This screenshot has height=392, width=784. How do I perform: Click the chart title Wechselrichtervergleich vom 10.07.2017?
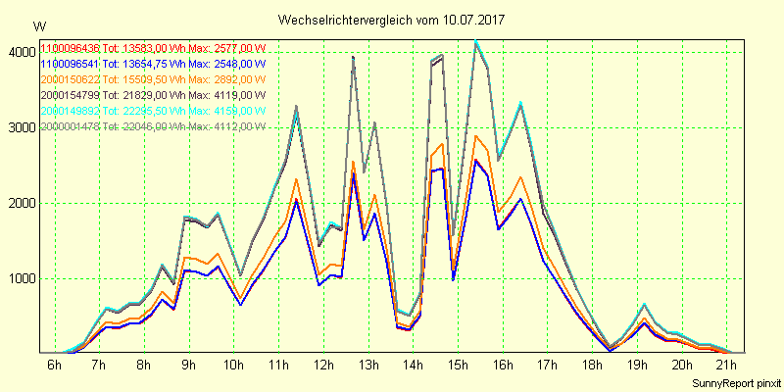pos(391,20)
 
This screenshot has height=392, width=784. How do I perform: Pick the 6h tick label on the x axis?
pos(55,366)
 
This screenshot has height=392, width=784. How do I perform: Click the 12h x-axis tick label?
pos(322,366)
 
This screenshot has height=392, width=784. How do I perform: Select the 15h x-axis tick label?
pos(457,366)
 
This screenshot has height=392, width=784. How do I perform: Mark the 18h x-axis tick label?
pos(591,366)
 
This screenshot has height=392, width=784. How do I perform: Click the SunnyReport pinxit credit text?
pos(734,381)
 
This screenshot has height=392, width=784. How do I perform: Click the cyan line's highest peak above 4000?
pos(475,40)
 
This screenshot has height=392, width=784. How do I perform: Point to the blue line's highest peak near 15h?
pos(475,160)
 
